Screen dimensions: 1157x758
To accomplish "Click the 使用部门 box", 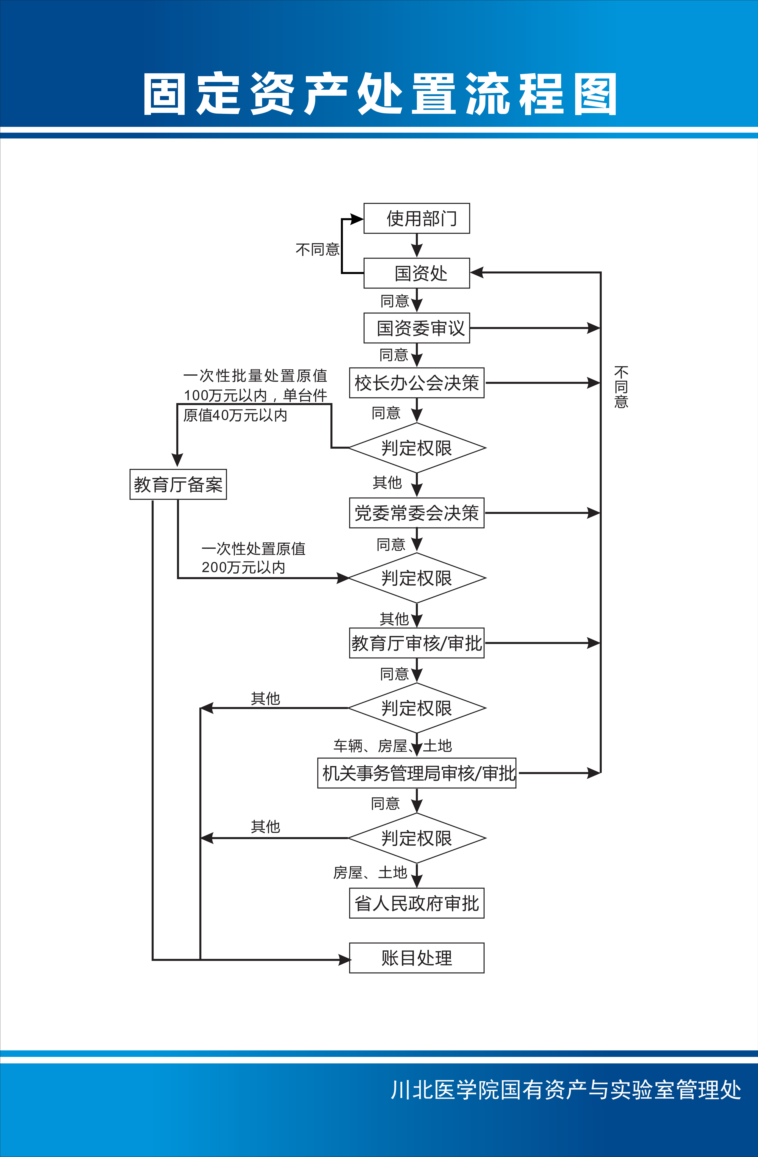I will (x=417, y=218).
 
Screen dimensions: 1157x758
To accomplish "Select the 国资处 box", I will (x=417, y=273).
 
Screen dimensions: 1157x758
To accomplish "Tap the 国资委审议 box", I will (x=417, y=328).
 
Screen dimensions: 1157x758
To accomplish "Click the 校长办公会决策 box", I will (x=417, y=383).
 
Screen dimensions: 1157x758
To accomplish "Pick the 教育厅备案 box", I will (x=178, y=484).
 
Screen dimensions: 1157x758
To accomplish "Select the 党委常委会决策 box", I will (x=417, y=513).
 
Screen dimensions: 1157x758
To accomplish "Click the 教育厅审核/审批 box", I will (x=417, y=643).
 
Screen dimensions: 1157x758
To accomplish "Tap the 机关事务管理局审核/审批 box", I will (x=417, y=773).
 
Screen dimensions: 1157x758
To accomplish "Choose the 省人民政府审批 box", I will (x=417, y=903).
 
